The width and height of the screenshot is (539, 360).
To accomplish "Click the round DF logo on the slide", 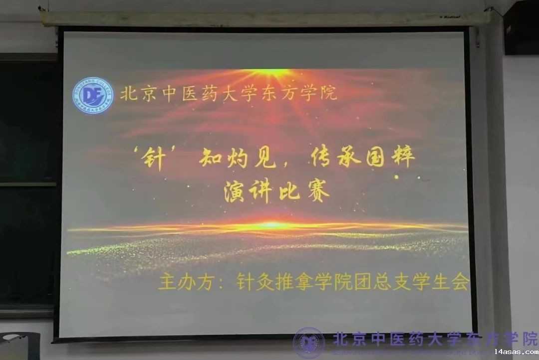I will [93, 96].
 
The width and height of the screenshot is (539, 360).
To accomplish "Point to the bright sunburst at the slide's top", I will [270, 73].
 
